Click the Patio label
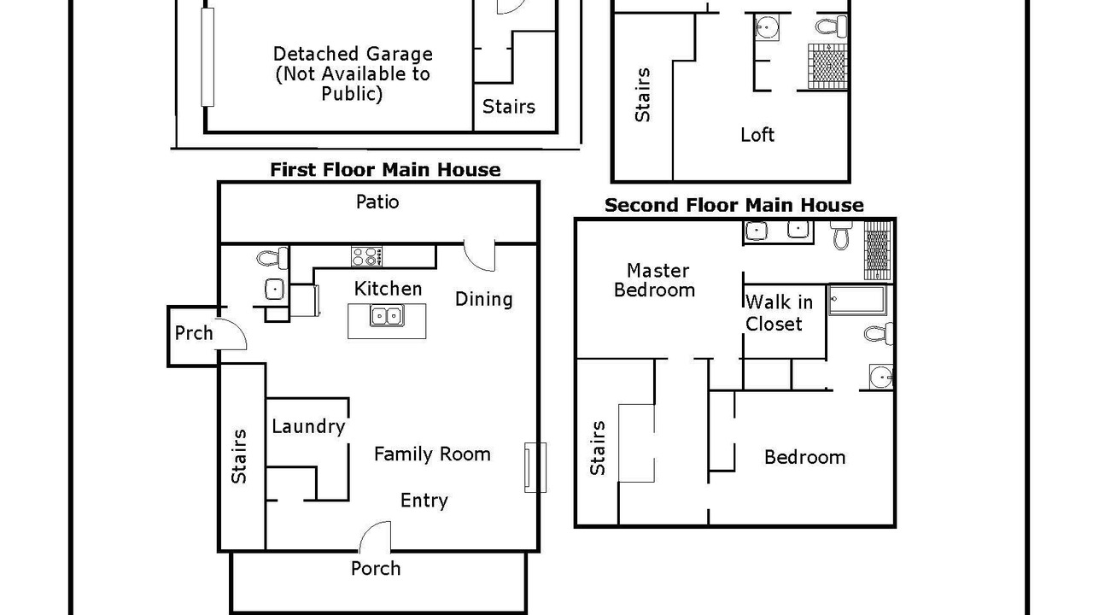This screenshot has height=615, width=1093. tap(377, 202)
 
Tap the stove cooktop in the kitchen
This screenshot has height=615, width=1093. tap(366, 257)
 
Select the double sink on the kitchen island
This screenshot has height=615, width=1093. tap(387, 316)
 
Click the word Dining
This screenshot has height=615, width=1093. tap(483, 300)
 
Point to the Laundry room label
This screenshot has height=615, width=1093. tap(308, 426)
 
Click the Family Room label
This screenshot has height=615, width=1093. tap(432, 454)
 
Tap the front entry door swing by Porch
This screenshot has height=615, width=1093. tap(375, 537)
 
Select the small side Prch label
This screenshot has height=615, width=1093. tap(194, 333)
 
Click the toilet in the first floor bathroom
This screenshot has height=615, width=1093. tap(272, 258)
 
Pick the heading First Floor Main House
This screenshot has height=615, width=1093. tap(385, 170)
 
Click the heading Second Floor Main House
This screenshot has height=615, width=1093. tap(734, 205)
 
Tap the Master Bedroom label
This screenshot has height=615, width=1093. tap(654, 280)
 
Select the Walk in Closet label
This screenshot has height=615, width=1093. tap(779, 313)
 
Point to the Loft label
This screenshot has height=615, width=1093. tap(757, 135)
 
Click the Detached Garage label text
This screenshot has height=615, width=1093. tap(353, 73)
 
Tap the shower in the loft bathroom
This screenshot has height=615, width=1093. tap(827, 67)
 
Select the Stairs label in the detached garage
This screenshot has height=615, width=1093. tap(509, 107)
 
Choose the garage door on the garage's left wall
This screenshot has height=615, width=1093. tap(207, 56)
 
